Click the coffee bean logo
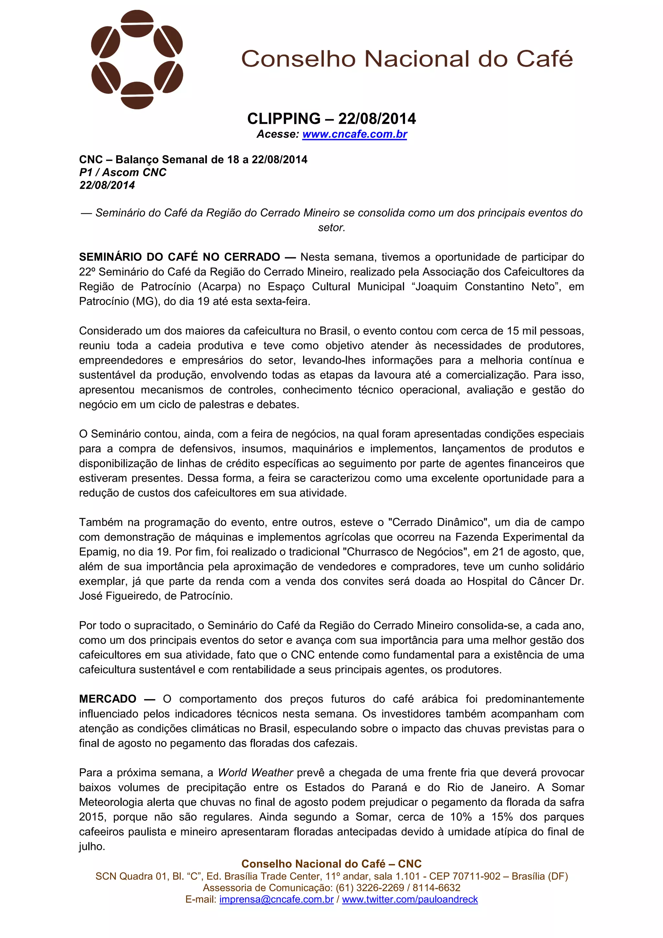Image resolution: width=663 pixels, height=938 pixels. click(x=137, y=60)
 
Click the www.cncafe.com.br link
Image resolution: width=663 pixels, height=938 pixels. click(x=354, y=134)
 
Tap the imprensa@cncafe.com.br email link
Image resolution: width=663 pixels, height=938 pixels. click(x=276, y=899)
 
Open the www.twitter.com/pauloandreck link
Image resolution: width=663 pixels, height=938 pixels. click(x=410, y=899)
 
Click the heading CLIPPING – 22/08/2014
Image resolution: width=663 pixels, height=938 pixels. click(x=331, y=119)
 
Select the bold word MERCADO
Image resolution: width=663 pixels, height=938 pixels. click(x=107, y=699)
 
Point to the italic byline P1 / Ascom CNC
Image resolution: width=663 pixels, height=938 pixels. click(x=123, y=173)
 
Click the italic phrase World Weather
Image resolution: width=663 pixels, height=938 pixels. click(x=255, y=773)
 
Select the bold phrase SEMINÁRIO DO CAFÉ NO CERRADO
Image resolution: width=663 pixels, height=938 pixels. click(x=179, y=257)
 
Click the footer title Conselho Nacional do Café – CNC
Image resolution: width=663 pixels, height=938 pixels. click(x=331, y=864)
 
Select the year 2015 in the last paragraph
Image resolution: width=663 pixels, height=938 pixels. click(x=92, y=817)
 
